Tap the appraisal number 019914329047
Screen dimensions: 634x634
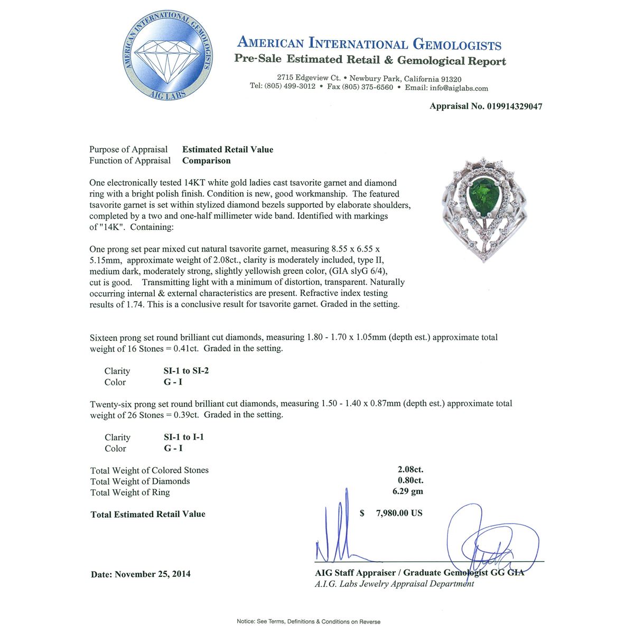click(x=513, y=106)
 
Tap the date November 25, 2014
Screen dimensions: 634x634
click(x=153, y=574)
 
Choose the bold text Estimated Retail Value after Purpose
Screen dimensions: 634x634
click(x=228, y=150)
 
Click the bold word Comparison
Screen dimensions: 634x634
click(x=207, y=161)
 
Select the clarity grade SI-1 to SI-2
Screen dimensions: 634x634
click(x=186, y=371)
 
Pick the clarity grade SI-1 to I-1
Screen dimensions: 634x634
click(x=184, y=437)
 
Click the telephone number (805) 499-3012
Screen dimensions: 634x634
click(x=290, y=86)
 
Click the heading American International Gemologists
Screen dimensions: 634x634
click(x=369, y=43)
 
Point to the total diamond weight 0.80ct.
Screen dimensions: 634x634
click(x=411, y=480)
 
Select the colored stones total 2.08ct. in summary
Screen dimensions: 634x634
click(x=411, y=469)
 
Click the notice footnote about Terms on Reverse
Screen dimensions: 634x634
click(x=309, y=621)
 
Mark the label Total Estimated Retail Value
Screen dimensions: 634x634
click(x=148, y=514)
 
